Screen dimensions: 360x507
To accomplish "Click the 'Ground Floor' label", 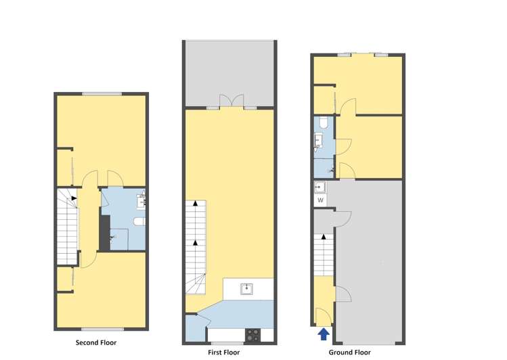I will pyautogui.click(x=349, y=352).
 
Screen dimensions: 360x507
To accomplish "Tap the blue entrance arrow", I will pyautogui.click(x=323, y=334).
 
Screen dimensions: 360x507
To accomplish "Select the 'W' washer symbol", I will pyautogui.click(x=320, y=200).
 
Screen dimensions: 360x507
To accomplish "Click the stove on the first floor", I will pyautogui.click(x=253, y=333).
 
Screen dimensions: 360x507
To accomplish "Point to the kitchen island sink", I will pyautogui.click(x=248, y=290).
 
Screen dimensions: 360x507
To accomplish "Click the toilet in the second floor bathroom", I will pyautogui.click(x=139, y=222).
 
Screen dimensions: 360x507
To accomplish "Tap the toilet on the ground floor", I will pyautogui.click(x=324, y=122).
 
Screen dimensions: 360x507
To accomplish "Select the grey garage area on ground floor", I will pyautogui.click(x=369, y=257).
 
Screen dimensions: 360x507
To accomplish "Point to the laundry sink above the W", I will pyautogui.click(x=320, y=187).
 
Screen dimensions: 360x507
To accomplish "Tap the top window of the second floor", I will pyautogui.click(x=102, y=93).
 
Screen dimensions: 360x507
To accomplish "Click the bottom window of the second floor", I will pyautogui.click(x=102, y=330).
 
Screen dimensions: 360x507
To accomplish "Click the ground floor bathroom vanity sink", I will pyautogui.click(x=318, y=141).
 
